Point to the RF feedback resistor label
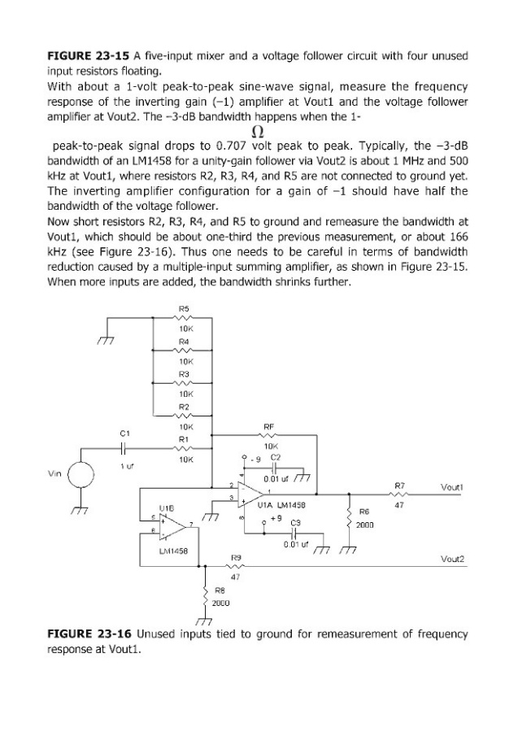click(270, 425)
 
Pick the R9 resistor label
click(236, 557)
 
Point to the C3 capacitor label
click(296, 521)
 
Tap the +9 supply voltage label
click(274, 518)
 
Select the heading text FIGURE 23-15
click(85, 55)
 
